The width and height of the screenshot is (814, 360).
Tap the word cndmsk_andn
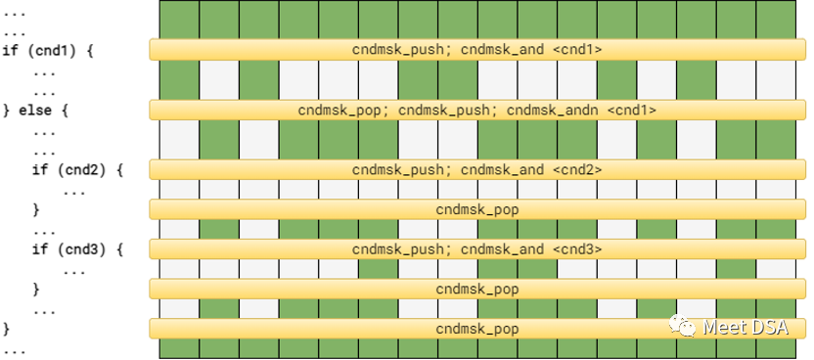point(553,110)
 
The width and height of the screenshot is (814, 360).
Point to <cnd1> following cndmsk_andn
point(631,110)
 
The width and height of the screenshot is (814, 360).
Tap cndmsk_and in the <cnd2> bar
point(502,169)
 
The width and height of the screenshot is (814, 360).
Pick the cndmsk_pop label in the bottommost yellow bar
point(477,329)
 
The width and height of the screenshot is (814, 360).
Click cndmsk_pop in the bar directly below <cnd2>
point(477,209)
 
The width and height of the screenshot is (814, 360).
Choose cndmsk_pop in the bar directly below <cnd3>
point(477,289)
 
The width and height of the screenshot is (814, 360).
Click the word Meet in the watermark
point(724,328)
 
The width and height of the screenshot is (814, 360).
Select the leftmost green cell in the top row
point(179,19)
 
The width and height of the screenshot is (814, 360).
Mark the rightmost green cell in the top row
point(776,19)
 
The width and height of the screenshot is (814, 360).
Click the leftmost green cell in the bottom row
point(179,349)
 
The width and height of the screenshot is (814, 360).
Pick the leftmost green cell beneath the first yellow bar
point(179,78)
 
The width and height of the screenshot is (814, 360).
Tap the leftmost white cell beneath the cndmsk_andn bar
point(179,139)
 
